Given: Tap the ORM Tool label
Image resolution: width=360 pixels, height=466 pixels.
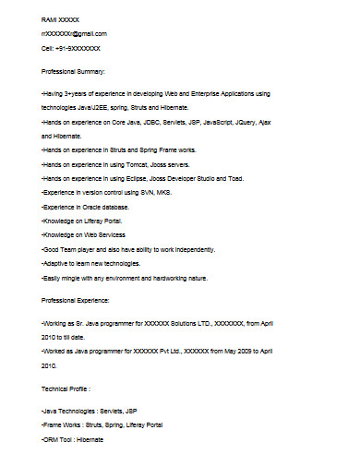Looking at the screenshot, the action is coord(59,440).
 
